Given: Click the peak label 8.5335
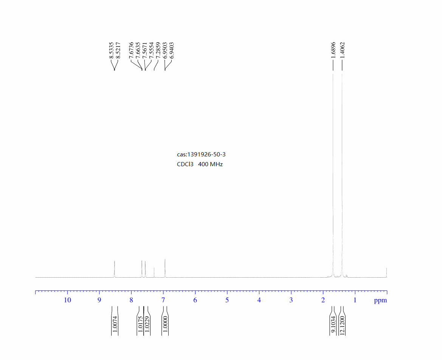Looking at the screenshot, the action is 111,50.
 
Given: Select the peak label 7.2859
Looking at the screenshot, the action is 158,50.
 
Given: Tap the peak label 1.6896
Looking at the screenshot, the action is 333,50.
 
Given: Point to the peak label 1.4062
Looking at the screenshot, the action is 343,50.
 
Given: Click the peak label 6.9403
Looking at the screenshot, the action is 172,50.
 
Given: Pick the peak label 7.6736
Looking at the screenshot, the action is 131,50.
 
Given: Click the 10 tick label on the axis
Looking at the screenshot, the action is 67,300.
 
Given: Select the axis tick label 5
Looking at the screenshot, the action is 227,300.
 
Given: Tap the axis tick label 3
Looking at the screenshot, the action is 291,300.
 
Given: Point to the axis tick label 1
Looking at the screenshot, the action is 355,300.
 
